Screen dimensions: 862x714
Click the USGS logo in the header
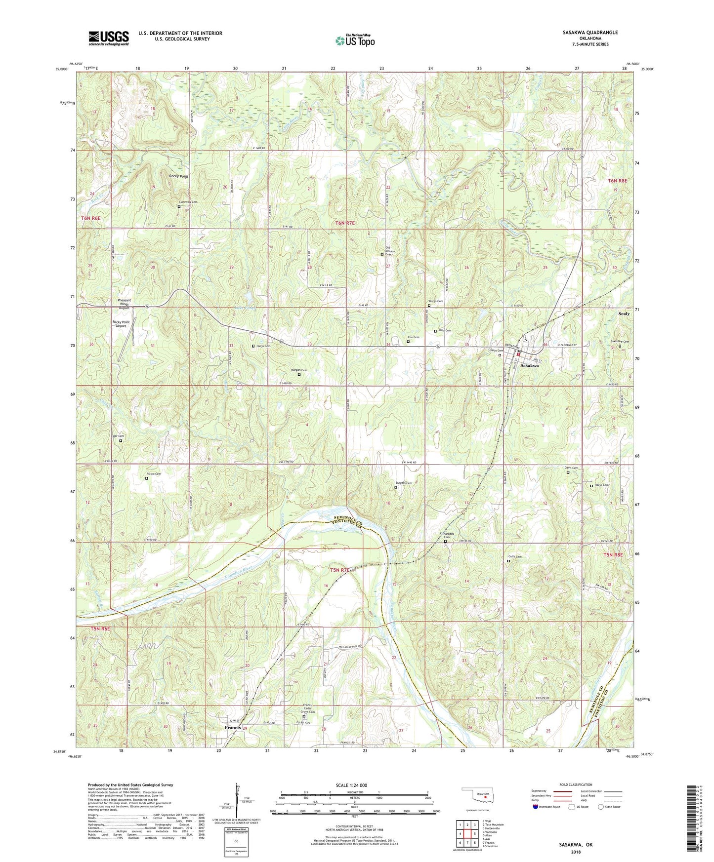[109, 38]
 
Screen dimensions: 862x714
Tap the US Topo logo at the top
[354, 40]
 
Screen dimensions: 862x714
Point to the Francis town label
[232, 728]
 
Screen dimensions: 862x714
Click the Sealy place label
[624, 313]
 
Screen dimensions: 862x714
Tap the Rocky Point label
[178, 176]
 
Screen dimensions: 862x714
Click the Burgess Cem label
[403, 483]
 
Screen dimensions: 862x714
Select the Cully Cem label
[515, 556]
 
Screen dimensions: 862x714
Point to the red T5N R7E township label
[339, 570]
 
